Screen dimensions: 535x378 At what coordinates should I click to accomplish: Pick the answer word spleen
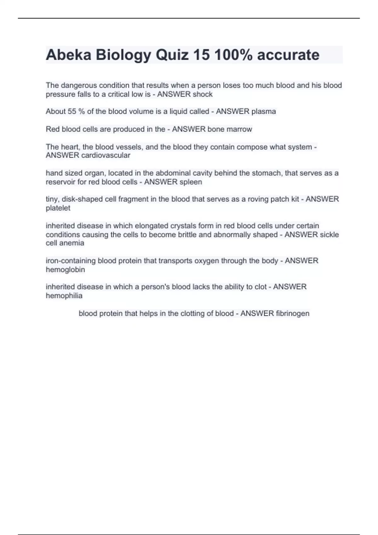191,182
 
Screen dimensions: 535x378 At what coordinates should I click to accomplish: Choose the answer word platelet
58,208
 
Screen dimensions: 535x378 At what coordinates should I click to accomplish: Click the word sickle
329,235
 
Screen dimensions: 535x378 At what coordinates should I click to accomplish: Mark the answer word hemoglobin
65,270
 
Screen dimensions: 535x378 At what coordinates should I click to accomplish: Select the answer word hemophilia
64,296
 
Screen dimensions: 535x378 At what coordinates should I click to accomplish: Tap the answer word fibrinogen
293,313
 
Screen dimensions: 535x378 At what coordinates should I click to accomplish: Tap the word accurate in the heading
288,55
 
